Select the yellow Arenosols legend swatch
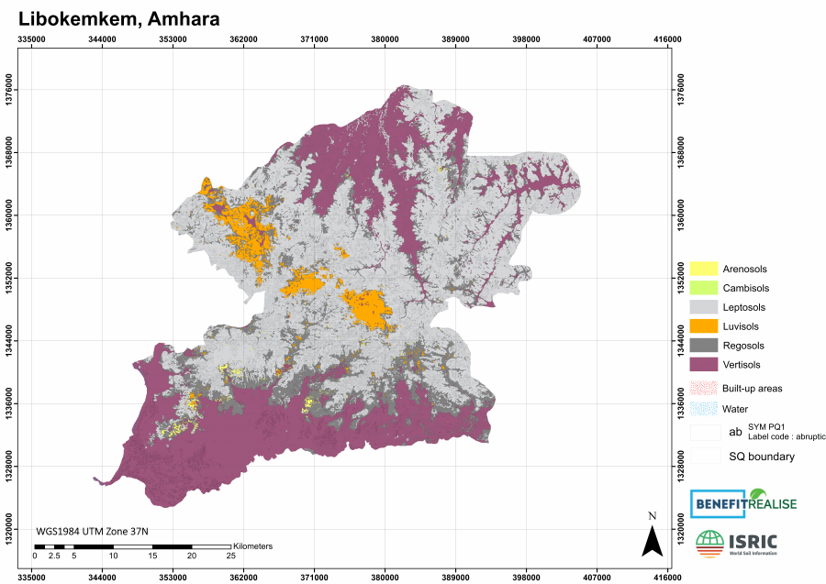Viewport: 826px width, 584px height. point(703,269)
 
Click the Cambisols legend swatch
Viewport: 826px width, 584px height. point(703,288)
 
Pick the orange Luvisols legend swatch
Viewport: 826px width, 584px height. point(703,326)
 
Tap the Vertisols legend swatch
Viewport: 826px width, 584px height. point(703,365)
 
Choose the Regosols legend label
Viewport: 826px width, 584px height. point(743,346)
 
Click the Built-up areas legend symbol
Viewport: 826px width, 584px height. point(703,389)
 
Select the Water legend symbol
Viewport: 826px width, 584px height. point(703,409)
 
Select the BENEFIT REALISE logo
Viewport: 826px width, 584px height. point(743,503)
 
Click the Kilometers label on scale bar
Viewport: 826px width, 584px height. point(253,546)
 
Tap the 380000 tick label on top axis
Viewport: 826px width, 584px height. point(385,39)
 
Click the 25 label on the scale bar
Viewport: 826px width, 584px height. point(230,556)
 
